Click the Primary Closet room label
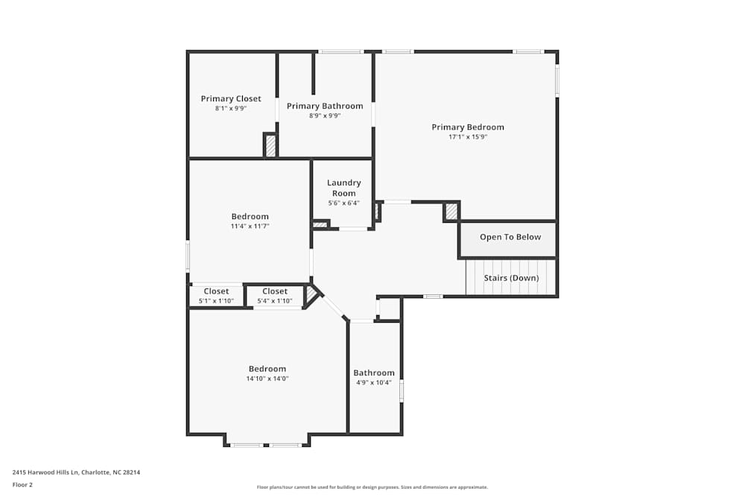coord(231,98)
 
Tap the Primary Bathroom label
coord(325,106)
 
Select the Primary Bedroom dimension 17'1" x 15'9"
coord(468,137)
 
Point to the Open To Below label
coord(510,237)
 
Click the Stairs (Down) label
coord(510,278)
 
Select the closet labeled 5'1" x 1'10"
coord(216,296)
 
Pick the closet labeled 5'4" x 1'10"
coord(274,296)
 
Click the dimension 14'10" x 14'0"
coord(267,379)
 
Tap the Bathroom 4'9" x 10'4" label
coord(374,377)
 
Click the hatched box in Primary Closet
coord(271,145)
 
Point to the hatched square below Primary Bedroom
coord(451,212)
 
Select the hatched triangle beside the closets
coord(311,295)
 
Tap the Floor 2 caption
coord(22,484)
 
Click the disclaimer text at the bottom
coord(372,487)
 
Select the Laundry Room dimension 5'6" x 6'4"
coord(343,203)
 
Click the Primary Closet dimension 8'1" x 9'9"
coord(231,108)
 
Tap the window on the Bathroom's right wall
coord(402,391)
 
